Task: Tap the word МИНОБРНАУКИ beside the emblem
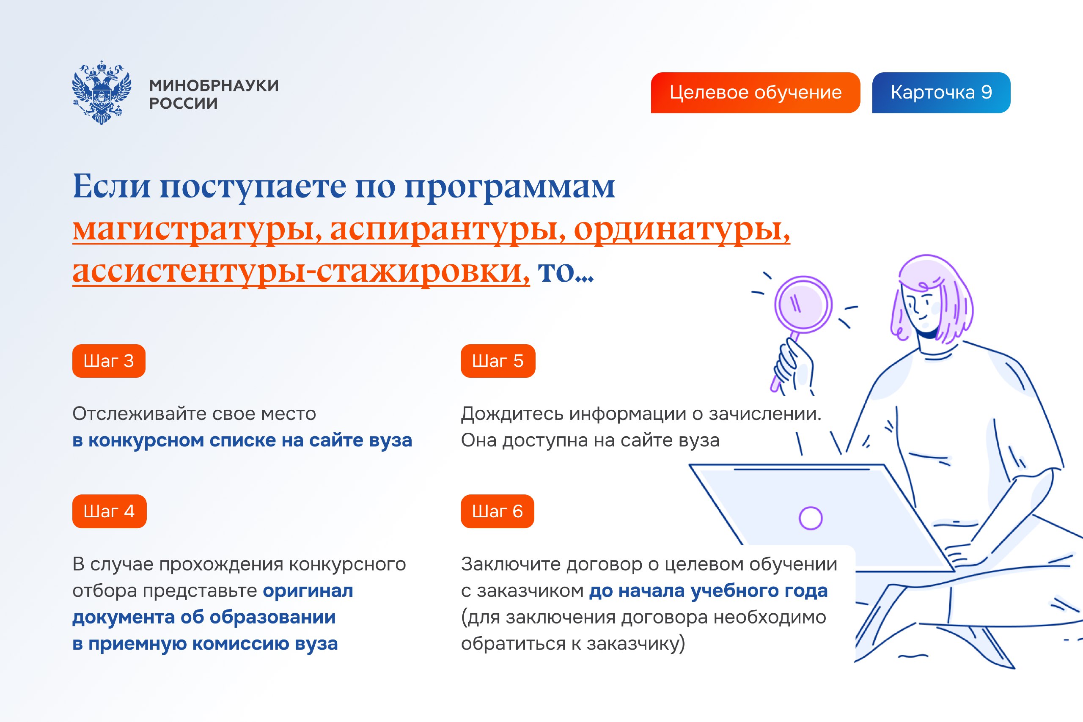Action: click(x=214, y=85)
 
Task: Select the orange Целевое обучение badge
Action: click(x=755, y=93)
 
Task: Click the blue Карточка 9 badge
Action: click(x=941, y=93)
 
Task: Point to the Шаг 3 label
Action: click(x=109, y=361)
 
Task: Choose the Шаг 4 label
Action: click(x=109, y=511)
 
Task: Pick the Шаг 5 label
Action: click(x=498, y=361)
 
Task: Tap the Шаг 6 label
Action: click(x=498, y=511)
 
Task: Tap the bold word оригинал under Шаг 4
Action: click(x=308, y=591)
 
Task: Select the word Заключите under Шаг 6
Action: click(x=511, y=565)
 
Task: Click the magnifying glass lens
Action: click(x=803, y=305)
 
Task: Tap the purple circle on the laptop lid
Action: click(x=811, y=518)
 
